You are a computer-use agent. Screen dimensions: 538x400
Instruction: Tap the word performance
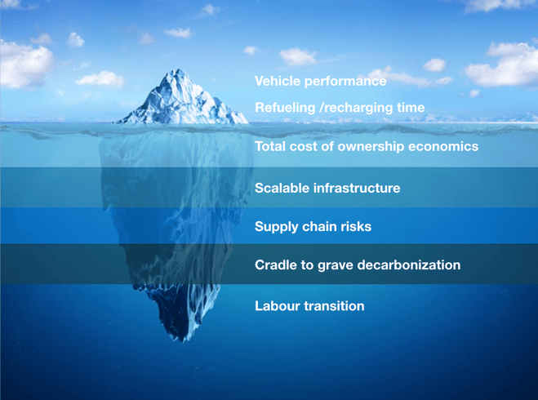345,82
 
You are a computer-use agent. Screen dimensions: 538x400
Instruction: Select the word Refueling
285,108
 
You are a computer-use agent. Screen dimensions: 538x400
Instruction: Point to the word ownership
371,147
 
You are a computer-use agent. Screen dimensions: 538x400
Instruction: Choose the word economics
443,146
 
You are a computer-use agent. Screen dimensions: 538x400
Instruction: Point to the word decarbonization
409,264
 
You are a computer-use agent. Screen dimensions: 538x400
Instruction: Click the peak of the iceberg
177,70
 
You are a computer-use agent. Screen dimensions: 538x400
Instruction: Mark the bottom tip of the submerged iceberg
182,341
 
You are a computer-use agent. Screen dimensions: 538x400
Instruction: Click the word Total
270,146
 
